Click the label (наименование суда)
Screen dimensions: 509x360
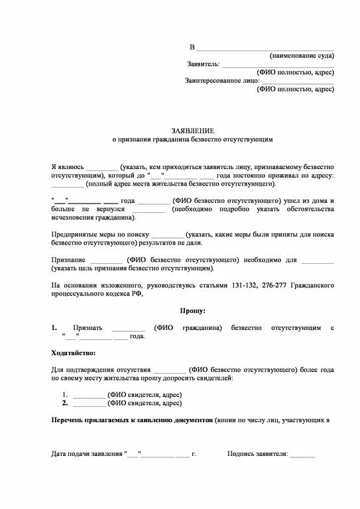pyautogui.click(x=302, y=56)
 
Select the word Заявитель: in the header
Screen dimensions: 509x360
pyautogui.click(x=202, y=64)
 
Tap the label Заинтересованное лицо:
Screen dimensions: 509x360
pyautogui.click(x=222, y=80)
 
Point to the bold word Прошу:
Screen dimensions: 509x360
pyautogui.click(x=193, y=310)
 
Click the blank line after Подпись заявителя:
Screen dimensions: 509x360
pyautogui.click(x=302, y=455)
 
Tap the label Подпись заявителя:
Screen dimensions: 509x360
pyautogui.click(x=257, y=455)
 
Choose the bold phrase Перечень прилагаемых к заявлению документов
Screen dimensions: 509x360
pyautogui.click(x=132, y=420)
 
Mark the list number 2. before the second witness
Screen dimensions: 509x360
pyautogui.click(x=65, y=403)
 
